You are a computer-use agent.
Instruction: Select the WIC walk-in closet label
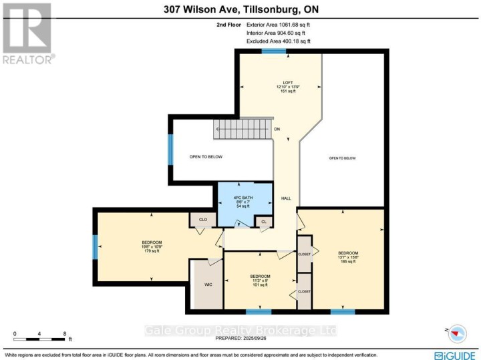pos(208,285)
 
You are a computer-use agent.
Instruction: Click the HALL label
pos(285,198)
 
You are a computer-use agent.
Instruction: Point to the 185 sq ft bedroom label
pos(343,257)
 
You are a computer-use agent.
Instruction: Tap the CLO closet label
pos(201,219)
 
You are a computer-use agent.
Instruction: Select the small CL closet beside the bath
pos(265,221)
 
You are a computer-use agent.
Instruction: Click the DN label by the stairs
pos(277,130)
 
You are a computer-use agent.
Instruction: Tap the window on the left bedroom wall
pos(94,246)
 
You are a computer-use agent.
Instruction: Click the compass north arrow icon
pos(457,332)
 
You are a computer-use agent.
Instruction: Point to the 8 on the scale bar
pos(64,333)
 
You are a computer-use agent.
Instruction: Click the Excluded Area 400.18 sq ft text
pos(279,41)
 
